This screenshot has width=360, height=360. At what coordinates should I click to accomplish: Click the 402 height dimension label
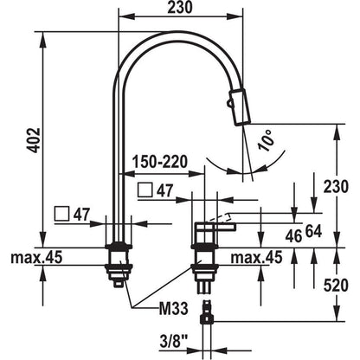(35, 139)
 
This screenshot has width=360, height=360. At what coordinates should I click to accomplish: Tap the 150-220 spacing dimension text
(160, 162)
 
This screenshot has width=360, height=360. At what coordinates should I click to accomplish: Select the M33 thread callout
(174, 308)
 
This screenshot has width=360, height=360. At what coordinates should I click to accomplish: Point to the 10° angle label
(267, 140)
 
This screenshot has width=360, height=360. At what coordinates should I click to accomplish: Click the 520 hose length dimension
(336, 286)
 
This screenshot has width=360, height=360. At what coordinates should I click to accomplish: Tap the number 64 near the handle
(313, 232)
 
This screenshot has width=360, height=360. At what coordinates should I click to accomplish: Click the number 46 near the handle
(293, 236)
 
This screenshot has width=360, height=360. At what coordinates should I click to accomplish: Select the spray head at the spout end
(240, 106)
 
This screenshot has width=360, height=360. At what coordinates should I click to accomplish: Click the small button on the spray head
(229, 103)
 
